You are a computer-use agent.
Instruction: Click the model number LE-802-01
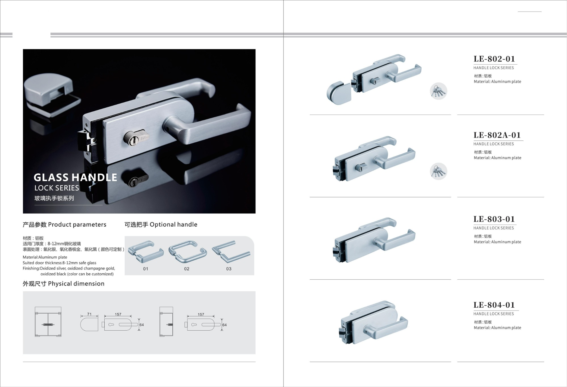pyautogui.click(x=494, y=59)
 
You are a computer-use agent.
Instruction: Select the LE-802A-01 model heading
pyautogui.click(x=497, y=135)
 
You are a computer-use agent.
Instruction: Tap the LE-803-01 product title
pyautogui.click(x=494, y=219)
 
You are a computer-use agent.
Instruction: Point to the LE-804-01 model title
pyautogui.click(x=494, y=305)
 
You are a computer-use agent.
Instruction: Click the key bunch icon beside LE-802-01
pyautogui.click(x=439, y=91)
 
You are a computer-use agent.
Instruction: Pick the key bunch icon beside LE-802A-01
pyautogui.click(x=439, y=171)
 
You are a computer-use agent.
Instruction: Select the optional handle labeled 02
pyautogui.click(x=187, y=252)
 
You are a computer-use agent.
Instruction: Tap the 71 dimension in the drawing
pyautogui.click(x=89, y=314)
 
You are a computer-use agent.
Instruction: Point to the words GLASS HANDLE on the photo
pyautogui.click(x=75, y=178)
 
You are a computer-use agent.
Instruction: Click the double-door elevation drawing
pyautogui.click(x=48, y=322)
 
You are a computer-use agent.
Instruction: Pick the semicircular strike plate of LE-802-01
pyautogui.click(x=339, y=93)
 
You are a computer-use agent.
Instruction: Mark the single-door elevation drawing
pyautogui.click(x=166, y=322)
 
